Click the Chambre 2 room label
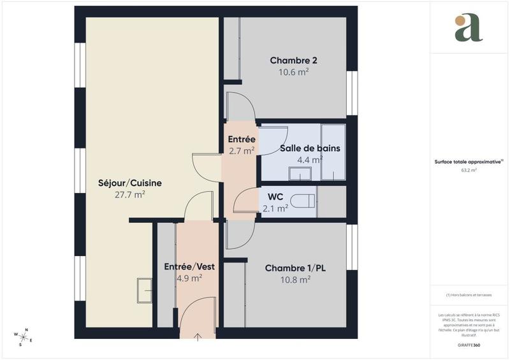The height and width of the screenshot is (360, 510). tap(293, 61)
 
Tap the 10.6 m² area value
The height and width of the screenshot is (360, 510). tap(293, 72)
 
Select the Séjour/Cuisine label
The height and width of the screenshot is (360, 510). tap(129, 183)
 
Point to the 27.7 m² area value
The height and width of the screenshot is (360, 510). tap(129, 194)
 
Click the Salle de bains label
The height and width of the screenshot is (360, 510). tap(310, 148)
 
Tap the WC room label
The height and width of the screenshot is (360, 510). tap(275, 196)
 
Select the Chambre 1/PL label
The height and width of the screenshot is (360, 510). tap(295, 268)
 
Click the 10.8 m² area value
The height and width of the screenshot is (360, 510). tap(295, 279)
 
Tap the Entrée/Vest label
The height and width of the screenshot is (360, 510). tap(189, 266)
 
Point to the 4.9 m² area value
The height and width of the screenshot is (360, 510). tap(189, 277)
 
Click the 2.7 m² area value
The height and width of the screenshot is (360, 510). tap(242, 151)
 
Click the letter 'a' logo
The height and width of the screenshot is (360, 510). tap(469, 28)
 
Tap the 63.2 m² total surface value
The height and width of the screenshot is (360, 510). tap(469, 171)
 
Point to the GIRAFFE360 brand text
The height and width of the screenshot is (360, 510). tap(469, 345)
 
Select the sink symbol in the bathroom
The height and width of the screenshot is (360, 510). tap(300, 173)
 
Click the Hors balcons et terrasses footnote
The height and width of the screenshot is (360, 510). tap(469, 295)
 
